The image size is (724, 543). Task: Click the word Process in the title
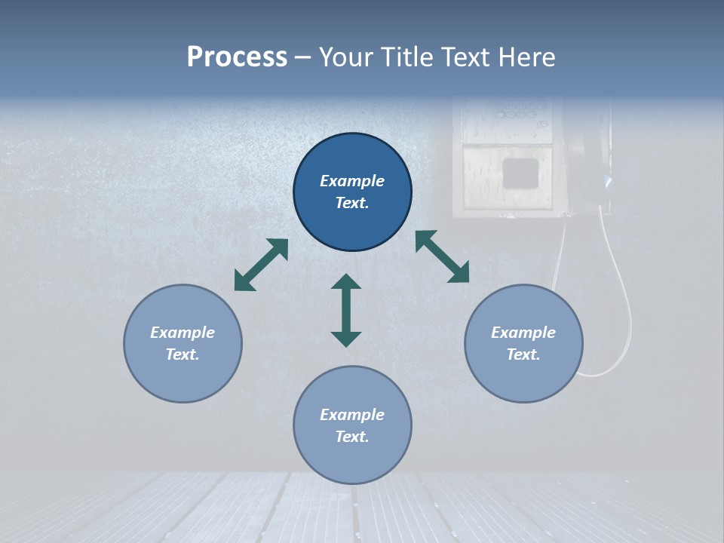237,57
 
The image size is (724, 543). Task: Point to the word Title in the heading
407,57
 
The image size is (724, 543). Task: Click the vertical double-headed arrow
346,310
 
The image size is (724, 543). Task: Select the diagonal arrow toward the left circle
261,265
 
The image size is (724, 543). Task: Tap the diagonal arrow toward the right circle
443,256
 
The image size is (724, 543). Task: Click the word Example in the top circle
352,181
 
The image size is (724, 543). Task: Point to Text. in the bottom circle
352,437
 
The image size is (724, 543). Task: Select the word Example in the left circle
183,333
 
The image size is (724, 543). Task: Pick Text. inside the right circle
523,354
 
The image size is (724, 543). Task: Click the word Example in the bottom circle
352,415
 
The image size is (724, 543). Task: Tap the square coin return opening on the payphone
520,173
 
